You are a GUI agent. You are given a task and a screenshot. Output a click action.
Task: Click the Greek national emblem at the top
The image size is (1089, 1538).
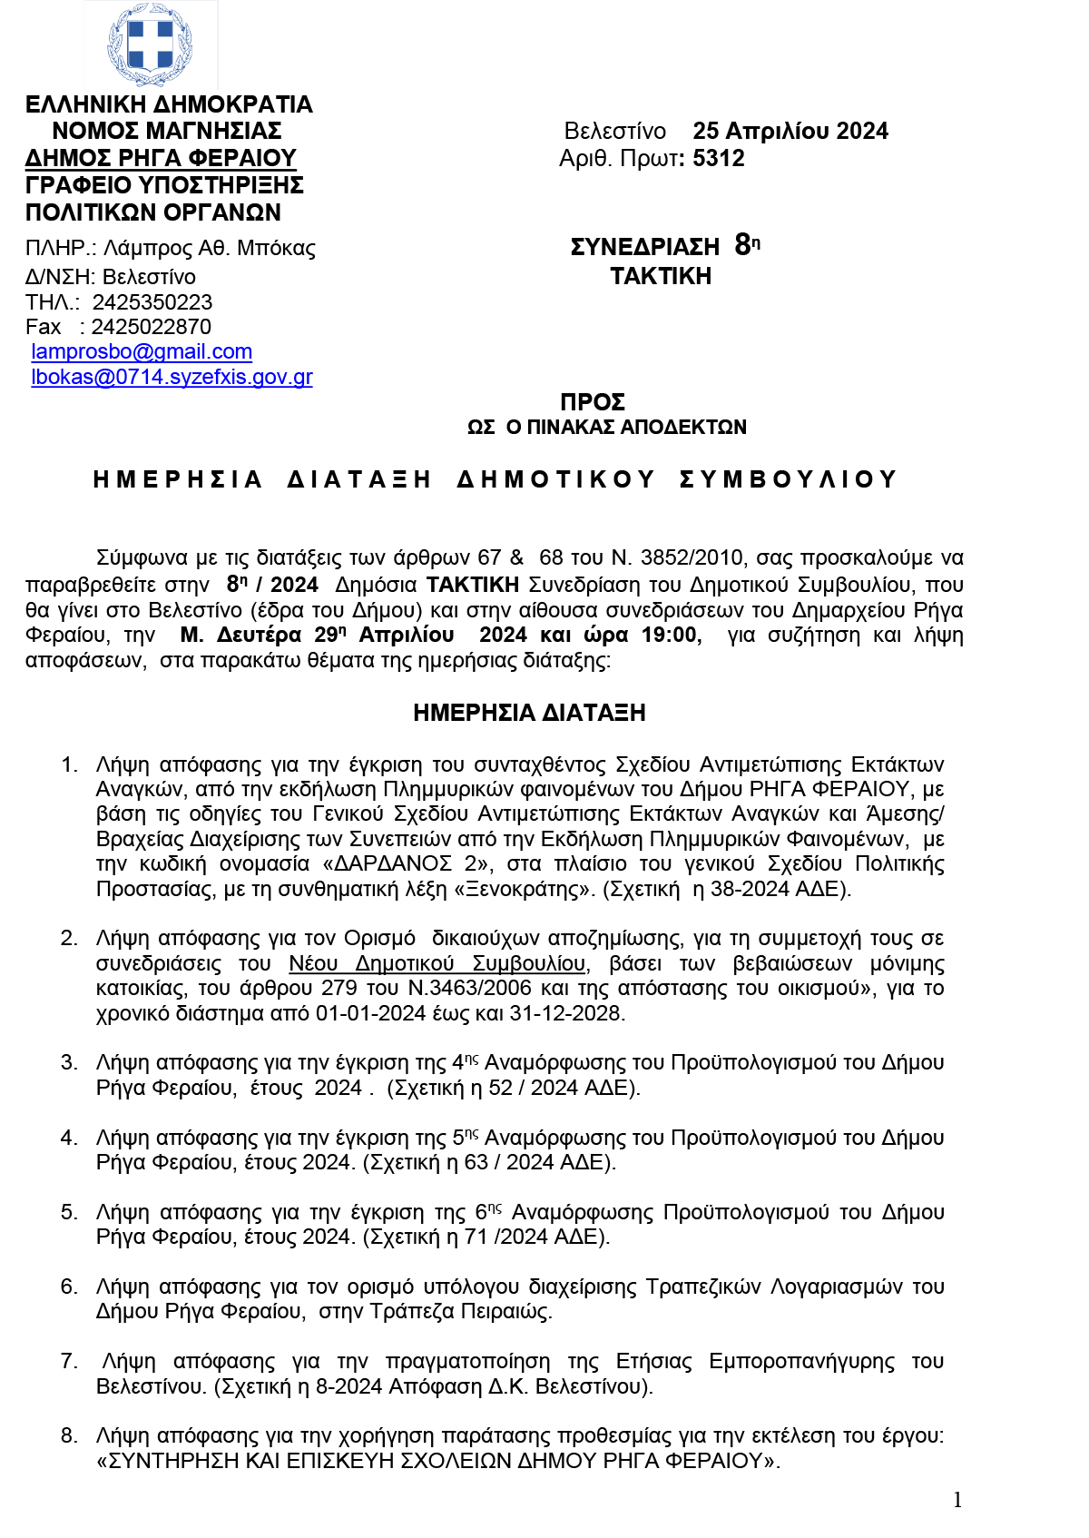coord(151,44)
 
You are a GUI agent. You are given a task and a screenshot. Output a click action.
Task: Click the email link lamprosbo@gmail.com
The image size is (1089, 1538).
coord(142,351)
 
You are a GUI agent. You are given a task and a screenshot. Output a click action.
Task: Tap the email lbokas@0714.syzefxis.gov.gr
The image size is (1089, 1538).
coord(172,377)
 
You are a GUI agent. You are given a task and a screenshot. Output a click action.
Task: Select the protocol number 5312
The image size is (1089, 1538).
coord(718,158)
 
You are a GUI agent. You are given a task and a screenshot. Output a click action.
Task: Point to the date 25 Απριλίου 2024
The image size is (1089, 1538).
coord(790,131)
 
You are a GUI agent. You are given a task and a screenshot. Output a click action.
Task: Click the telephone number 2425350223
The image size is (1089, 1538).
coord(152,302)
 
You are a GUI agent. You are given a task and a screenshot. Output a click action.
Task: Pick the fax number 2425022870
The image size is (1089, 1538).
coord(151,327)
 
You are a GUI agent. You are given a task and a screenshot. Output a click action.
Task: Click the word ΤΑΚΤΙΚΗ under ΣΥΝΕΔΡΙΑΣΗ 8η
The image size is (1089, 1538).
coord(661,276)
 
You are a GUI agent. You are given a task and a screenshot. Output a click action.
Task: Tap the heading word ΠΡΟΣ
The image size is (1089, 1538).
coord(593,402)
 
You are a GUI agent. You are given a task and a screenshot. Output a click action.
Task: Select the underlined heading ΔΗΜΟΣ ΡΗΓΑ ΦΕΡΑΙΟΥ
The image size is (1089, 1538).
coord(161,158)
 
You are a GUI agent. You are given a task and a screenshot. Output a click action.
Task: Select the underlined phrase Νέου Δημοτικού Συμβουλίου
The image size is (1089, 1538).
coord(437,963)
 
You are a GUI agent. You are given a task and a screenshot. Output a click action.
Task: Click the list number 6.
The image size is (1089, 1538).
coord(68,1287)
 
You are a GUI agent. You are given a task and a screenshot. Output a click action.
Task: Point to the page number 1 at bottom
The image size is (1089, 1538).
coord(957,1500)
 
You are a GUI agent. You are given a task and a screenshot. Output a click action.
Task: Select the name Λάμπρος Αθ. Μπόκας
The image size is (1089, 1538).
coord(210,249)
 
